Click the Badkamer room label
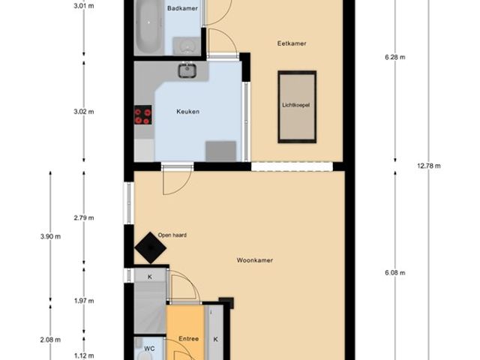click(182, 8)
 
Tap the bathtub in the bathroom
click(148, 27)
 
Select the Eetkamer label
click(292, 43)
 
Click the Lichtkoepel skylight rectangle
click(297, 106)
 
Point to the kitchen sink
click(187, 70)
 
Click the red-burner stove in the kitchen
click(143, 115)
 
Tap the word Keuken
click(188, 112)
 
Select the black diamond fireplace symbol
click(150, 247)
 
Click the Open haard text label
click(172, 235)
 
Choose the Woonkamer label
click(255, 260)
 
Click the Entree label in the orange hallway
click(188, 339)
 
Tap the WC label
click(149, 349)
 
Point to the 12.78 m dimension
click(429, 166)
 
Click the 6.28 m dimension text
click(395, 57)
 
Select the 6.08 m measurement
click(395, 273)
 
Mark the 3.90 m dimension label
click(50, 236)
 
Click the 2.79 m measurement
click(84, 218)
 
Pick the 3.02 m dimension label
click(84, 112)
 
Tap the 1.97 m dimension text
click(84, 301)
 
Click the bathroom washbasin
click(186, 46)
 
